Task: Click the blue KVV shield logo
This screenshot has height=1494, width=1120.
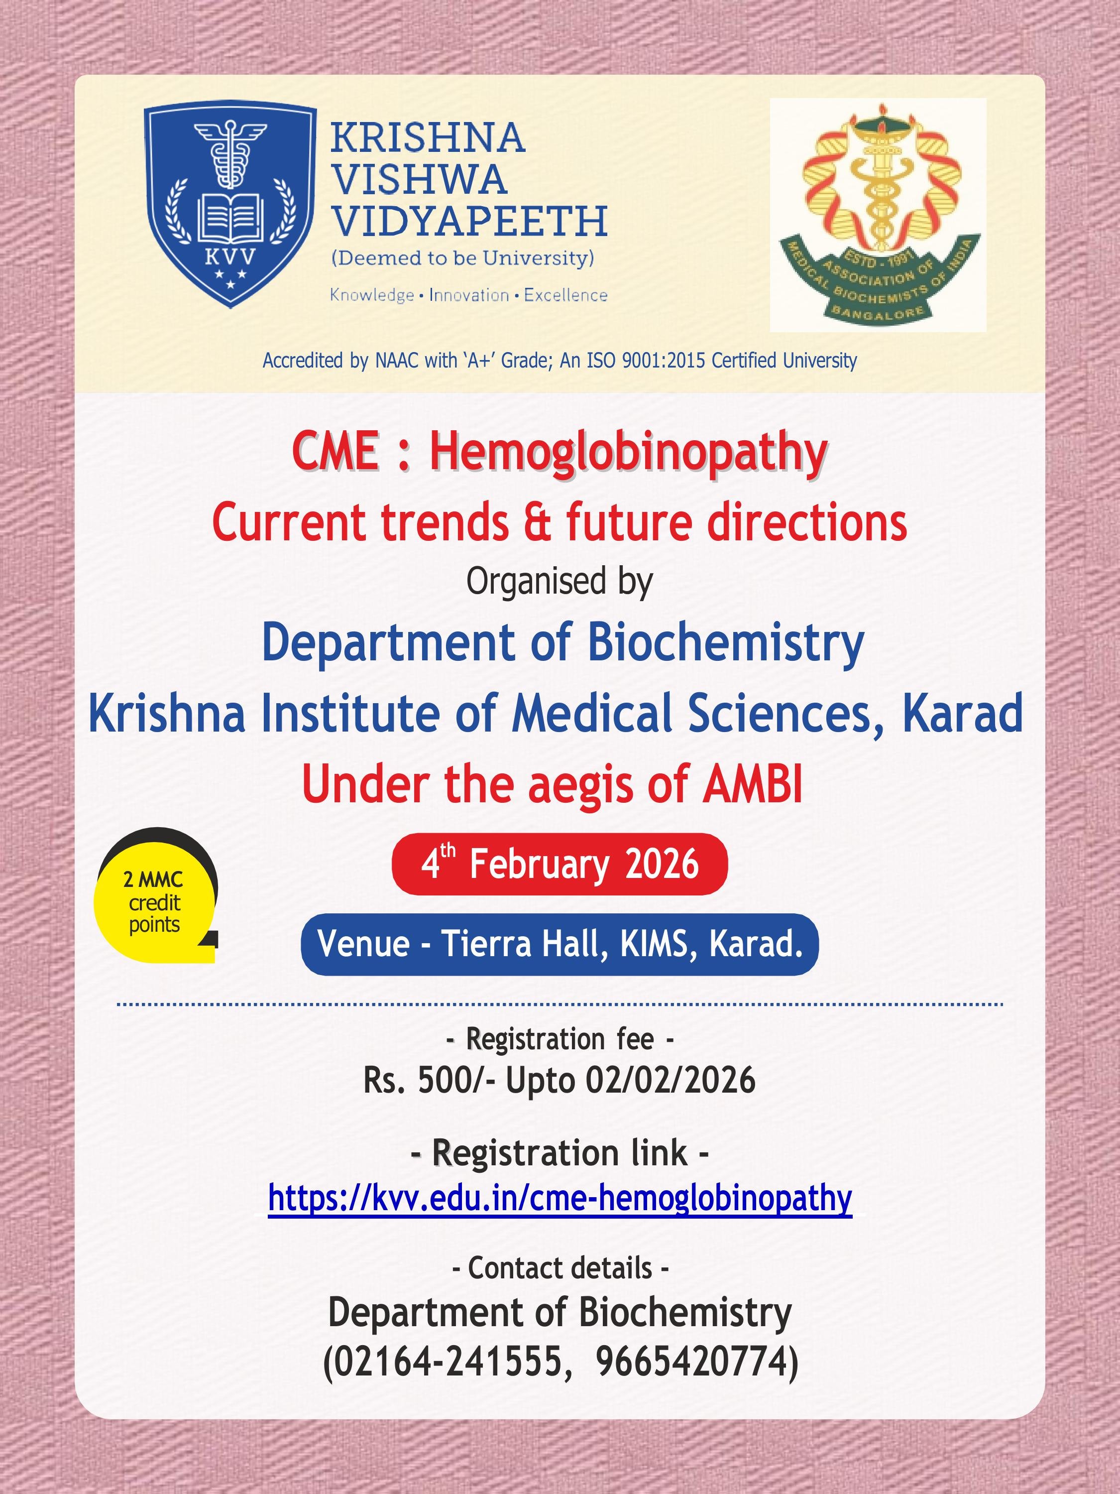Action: (x=230, y=207)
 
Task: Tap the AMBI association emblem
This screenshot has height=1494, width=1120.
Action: (x=878, y=215)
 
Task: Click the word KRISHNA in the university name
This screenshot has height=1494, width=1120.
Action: (x=427, y=138)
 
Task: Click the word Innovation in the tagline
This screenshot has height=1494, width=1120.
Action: (x=469, y=295)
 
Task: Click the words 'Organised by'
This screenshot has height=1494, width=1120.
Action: (x=560, y=582)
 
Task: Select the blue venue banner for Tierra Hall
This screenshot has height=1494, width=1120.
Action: (x=560, y=944)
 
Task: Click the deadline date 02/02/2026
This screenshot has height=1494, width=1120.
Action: (x=671, y=1081)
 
